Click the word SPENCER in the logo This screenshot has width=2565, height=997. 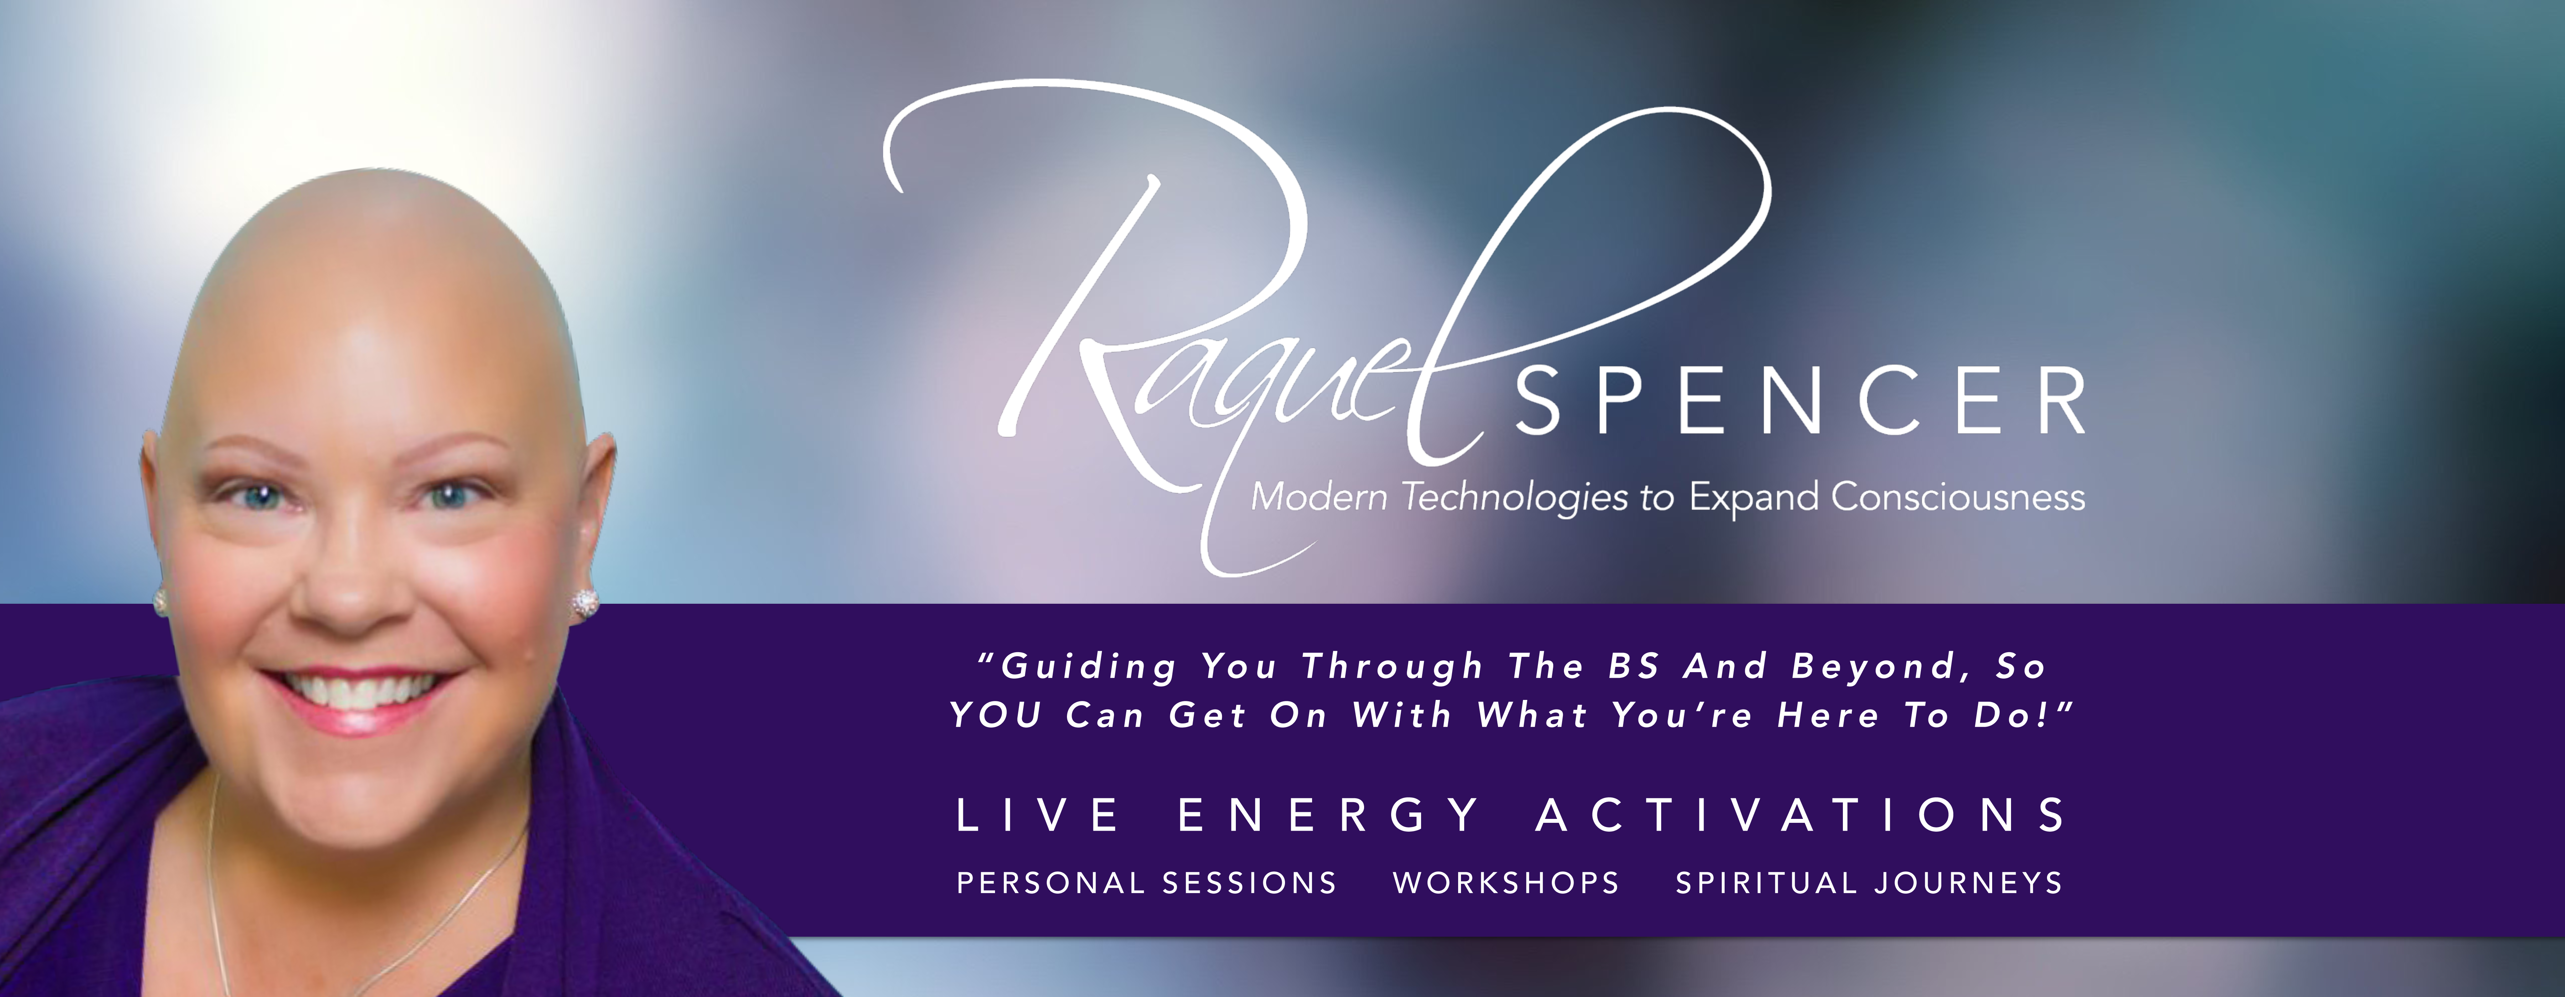1800,400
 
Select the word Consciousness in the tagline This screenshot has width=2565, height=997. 1958,496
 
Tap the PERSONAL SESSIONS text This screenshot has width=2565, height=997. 1146,882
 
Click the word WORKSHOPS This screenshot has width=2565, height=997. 1506,882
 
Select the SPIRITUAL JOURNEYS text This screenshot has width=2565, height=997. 1869,882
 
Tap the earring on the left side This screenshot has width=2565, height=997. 159,601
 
